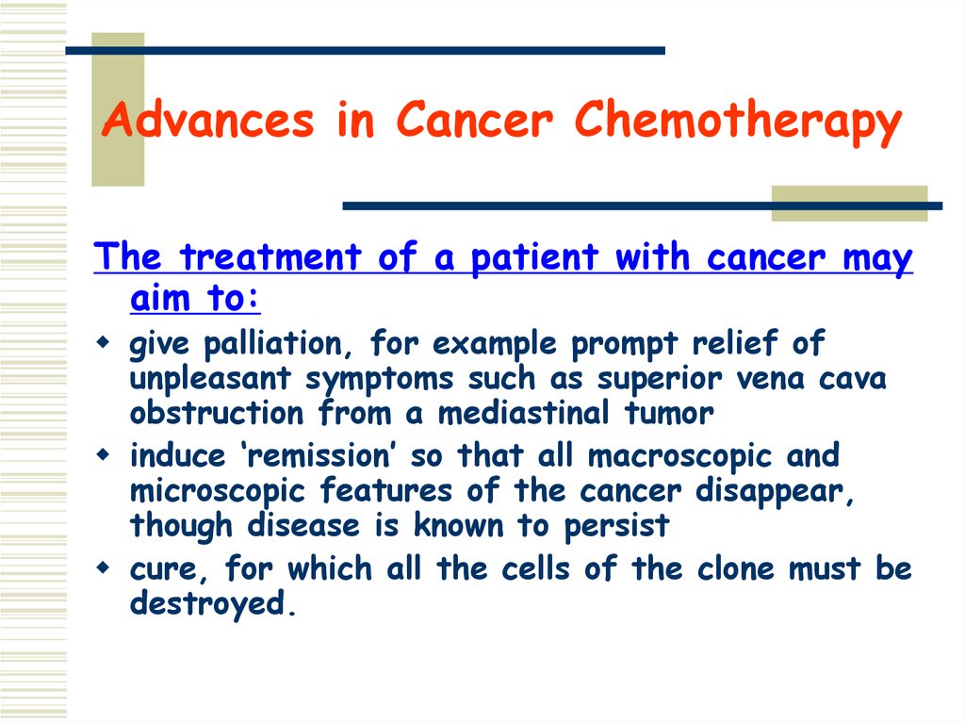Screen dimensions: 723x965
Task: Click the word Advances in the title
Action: point(207,123)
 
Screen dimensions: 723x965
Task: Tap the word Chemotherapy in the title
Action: point(738,123)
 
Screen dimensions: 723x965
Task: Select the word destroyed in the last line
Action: point(212,604)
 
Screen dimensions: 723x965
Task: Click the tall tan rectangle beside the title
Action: point(118,109)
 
